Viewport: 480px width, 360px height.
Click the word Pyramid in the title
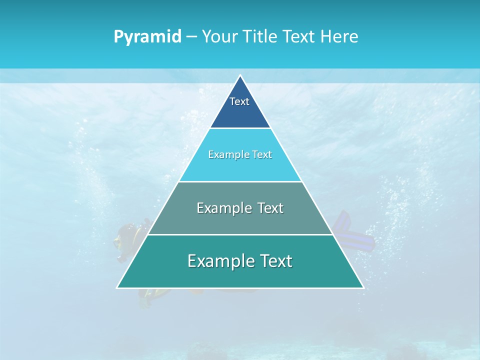[147, 37]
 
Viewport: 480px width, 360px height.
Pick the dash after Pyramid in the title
[191, 37]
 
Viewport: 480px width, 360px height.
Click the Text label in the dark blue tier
[239, 101]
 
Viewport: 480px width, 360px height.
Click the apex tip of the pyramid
[240, 76]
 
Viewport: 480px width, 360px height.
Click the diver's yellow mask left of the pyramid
[118, 242]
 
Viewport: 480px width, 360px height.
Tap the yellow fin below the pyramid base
[146, 297]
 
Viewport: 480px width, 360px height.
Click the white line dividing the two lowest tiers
[240, 234]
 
